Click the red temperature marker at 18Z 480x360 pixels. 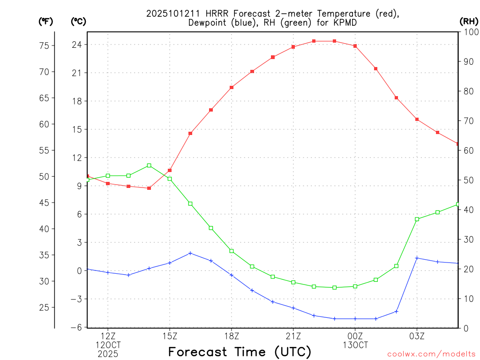(232, 87)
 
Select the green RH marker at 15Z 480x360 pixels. (170, 179)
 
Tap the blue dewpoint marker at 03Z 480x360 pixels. (417, 258)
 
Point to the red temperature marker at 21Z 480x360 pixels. (293, 47)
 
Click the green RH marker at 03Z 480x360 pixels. (417, 219)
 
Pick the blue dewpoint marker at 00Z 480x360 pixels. (355, 319)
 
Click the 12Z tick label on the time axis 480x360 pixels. (108, 336)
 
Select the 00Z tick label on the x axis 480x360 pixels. (355, 336)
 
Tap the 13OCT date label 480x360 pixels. (355, 345)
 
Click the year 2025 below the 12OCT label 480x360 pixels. (108, 354)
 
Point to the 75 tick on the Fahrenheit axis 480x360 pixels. (45, 45)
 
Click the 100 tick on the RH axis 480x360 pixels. (469, 32)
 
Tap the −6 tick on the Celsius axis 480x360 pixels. (75, 327)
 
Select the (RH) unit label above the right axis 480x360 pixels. (469, 21)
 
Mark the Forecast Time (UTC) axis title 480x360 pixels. (240, 352)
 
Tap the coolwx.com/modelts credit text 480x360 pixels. (431, 354)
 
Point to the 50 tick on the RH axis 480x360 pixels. (467, 180)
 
